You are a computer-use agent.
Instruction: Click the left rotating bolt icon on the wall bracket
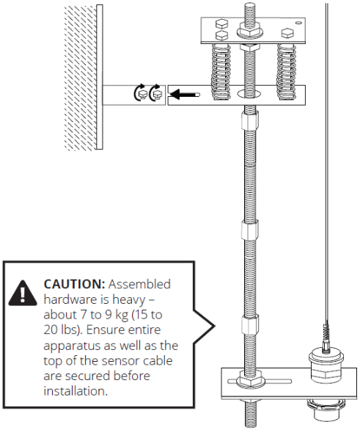[141, 94]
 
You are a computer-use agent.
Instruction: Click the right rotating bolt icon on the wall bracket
[155, 94]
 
